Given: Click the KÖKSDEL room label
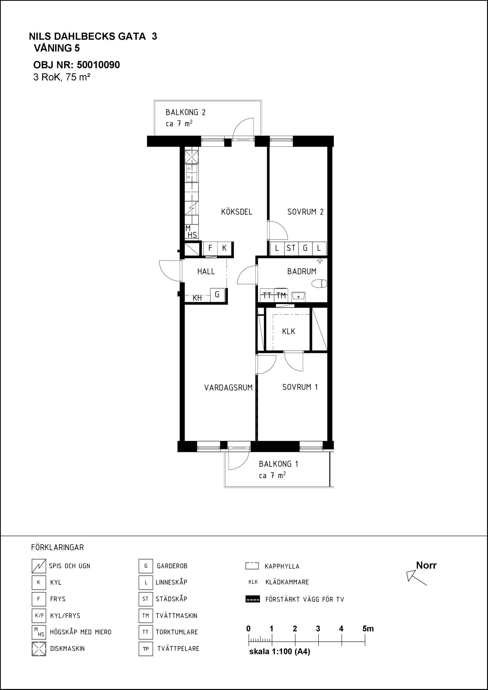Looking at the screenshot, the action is point(237,212).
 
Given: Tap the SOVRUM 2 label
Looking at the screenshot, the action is point(305,212).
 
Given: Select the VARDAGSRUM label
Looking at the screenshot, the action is point(228,387).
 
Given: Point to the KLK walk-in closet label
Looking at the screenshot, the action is point(289,332).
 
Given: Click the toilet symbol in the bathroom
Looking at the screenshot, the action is point(319,284).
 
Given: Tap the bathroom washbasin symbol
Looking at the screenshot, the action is point(298,296).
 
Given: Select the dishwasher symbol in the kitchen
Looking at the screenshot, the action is point(191,157).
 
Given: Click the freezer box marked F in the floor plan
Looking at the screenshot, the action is point(210,248).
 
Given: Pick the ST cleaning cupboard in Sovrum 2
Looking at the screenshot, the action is point(291,248).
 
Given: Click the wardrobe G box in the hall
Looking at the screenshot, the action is point(217,295).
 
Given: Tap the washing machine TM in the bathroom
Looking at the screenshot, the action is point(281,295).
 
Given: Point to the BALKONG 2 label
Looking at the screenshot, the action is point(185,112).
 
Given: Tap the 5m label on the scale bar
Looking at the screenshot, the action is point(368,629).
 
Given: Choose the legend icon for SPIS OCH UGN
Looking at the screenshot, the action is point(39,566).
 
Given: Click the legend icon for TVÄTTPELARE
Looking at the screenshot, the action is point(146,649).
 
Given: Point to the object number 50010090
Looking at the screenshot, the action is point(98,65).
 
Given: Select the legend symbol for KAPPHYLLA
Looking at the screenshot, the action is point(252,566).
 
